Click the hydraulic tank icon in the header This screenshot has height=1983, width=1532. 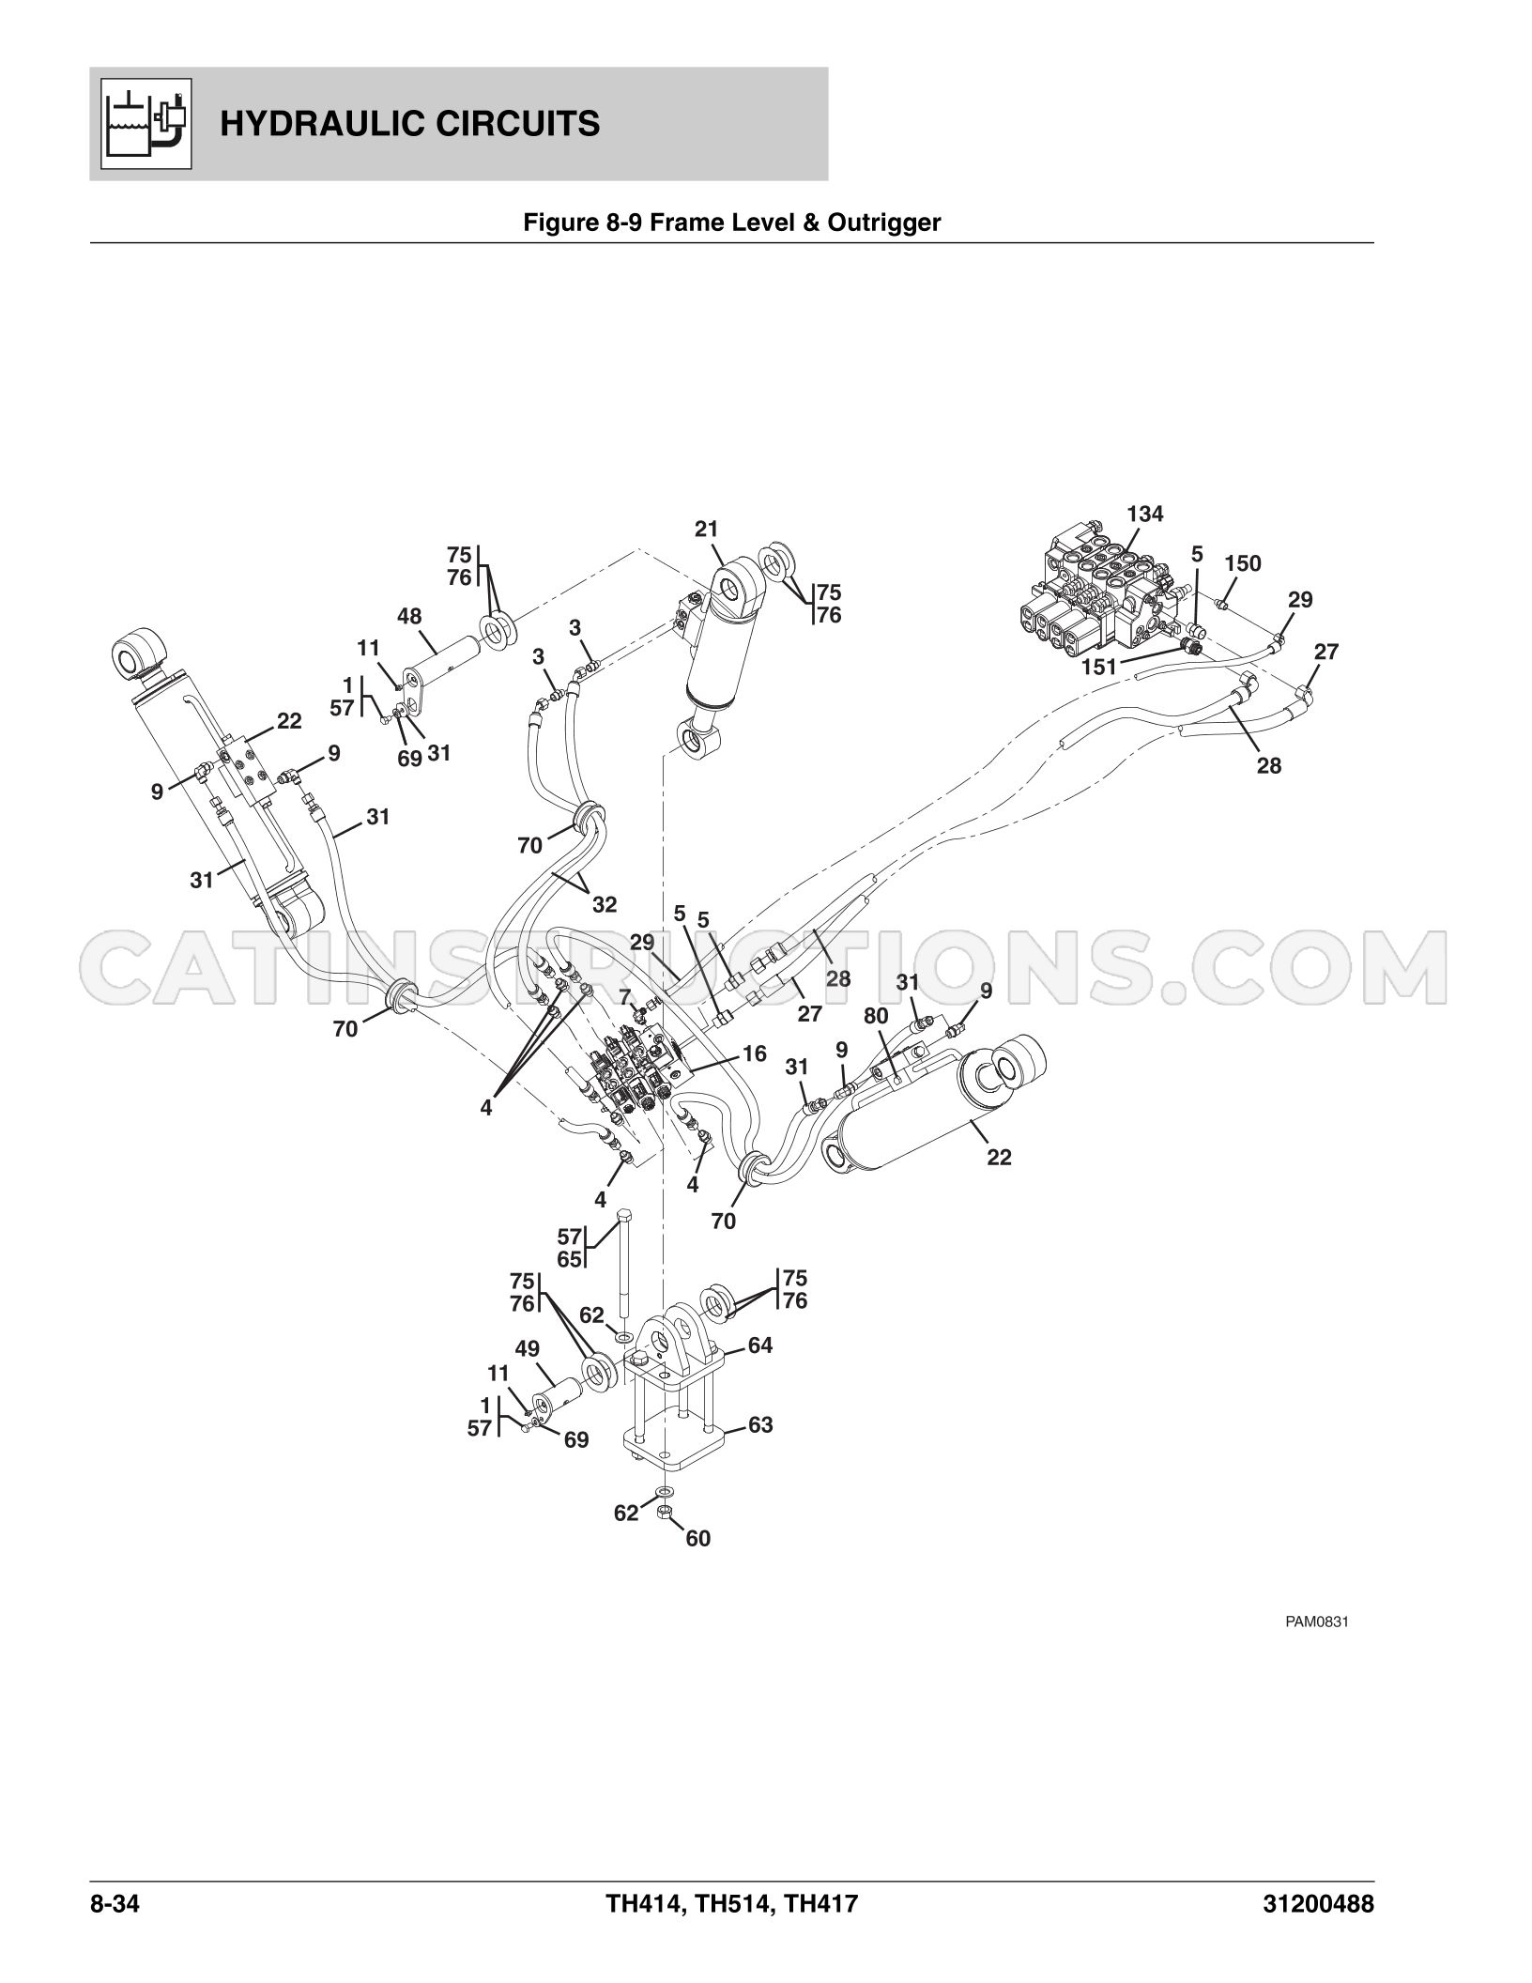coord(146,124)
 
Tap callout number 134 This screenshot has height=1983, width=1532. coord(1145,514)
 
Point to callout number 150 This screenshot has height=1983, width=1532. coord(1243,563)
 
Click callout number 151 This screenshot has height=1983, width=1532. coord(1099,667)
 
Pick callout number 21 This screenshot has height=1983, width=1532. coord(707,529)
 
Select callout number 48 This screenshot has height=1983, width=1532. coord(409,616)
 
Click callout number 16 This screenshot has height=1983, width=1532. coord(754,1053)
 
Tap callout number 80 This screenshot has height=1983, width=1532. coord(876,1016)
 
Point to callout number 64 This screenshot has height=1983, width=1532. coord(760,1345)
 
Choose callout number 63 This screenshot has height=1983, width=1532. coord(760,1424)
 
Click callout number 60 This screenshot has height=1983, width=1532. coord(698,1538)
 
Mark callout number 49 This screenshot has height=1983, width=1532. coord(528,1349)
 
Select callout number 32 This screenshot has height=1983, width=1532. coord(605,904)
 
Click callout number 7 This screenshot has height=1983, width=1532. coord(625,996)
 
